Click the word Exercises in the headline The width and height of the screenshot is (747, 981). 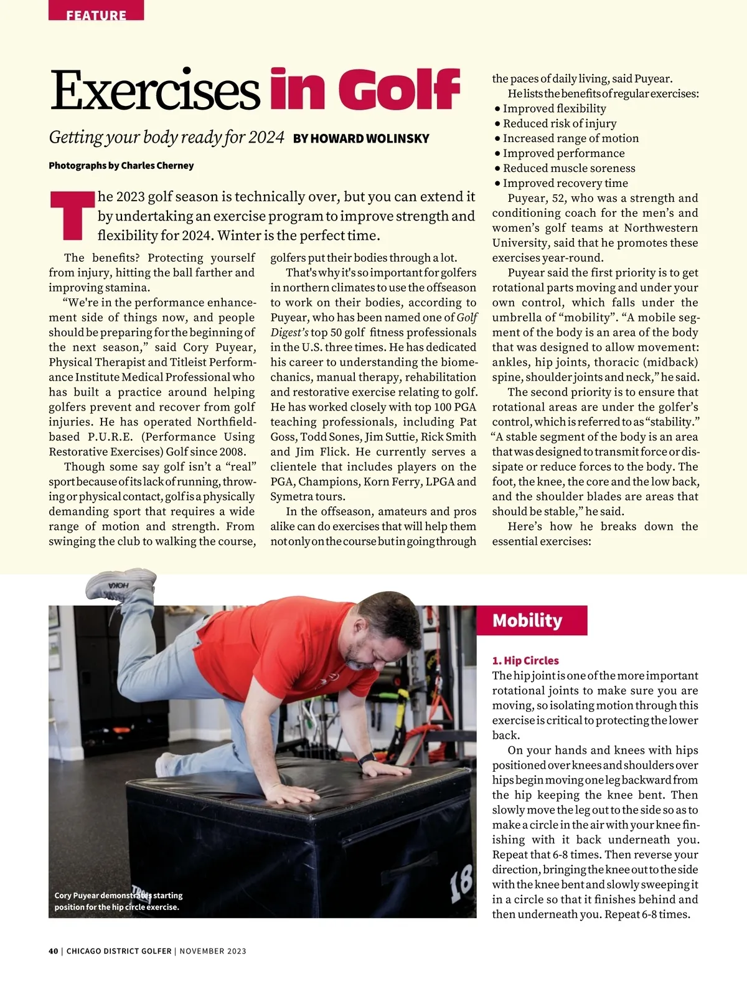(x=154, y=91)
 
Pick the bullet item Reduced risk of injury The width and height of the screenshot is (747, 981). (x=559, y=123)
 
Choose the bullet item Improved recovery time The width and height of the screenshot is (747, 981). (x=565, y=183)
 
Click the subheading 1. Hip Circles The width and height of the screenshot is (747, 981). (x=525, y=660)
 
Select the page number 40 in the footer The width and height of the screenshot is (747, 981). (x=53, y=951)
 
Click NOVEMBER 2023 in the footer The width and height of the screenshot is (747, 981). (x=213, y=951)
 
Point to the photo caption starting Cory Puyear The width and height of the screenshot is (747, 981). (x=118, y=901)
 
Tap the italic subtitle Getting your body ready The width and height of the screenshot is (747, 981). (x=166, y=138)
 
